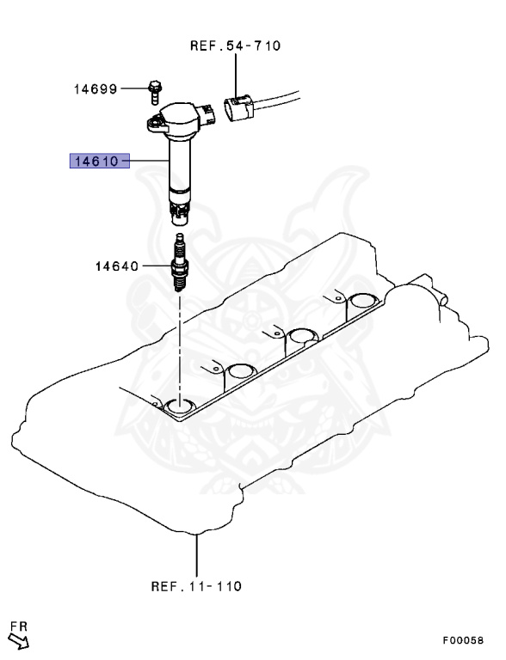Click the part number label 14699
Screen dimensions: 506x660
(96, 89)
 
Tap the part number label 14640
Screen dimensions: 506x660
(117, 266)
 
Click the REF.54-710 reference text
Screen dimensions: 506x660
(235, 46)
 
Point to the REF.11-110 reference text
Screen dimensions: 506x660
(196, 586)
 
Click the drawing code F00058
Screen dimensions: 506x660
(463, 640)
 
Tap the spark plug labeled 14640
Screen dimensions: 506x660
(179, 264)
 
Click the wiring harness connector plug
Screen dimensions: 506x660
(238, 109)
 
